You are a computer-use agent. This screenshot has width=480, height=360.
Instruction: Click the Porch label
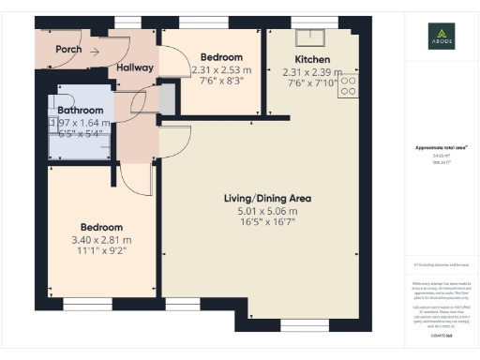[x=67, y=50]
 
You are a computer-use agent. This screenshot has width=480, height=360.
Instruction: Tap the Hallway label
[x=136, y=68]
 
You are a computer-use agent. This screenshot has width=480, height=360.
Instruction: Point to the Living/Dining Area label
[x=267, y=199]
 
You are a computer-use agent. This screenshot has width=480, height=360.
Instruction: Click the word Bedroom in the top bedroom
[x=221, y=57]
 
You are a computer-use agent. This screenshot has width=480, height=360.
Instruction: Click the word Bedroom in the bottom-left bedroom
[x=101, y=228]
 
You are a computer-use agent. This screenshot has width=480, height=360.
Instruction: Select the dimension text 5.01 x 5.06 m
[x=267, y=212]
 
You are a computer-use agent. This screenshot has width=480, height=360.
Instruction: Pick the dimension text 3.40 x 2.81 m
[x=101, y=240]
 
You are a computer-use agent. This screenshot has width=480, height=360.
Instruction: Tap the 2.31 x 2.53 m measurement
[x=221, y=69]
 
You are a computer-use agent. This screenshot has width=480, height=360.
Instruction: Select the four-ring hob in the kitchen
[x=347, y=85]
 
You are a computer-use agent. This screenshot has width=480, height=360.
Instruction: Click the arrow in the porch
[x=94, y=51]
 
